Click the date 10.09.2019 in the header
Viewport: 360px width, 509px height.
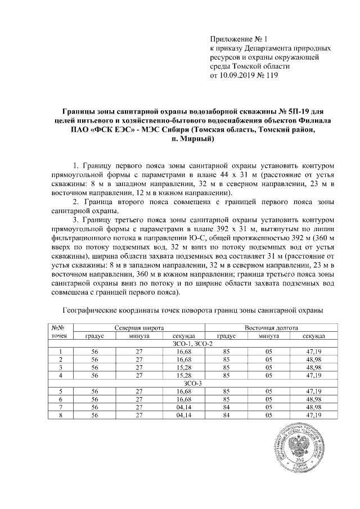[x=244, y=75]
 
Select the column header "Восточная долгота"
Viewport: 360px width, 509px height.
[x=271, y=327]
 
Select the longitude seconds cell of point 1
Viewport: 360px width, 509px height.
[x=313, y=352]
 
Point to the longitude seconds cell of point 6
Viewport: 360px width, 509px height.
[x=313, y=399]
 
